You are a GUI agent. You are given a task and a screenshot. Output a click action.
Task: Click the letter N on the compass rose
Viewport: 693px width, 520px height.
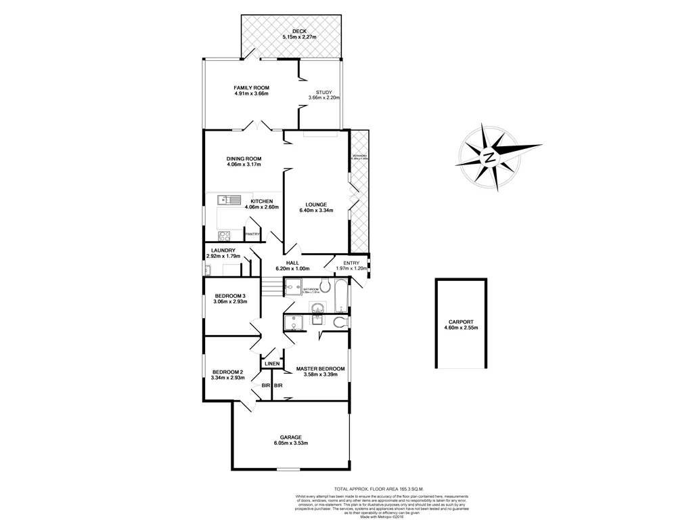pos(489,157)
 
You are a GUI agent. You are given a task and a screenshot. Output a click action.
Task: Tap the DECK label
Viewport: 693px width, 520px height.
pos(295,32)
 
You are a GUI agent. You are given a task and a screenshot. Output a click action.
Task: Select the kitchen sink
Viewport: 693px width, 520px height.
pos(229,200)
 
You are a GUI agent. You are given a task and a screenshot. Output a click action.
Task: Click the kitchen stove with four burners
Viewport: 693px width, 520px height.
pos(225,236)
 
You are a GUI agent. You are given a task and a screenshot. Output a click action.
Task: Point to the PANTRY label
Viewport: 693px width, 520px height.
pos(252,234)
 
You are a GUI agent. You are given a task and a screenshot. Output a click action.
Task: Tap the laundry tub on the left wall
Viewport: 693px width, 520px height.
pos(208,270)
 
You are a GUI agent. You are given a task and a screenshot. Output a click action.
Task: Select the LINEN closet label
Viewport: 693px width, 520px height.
pos(272,364)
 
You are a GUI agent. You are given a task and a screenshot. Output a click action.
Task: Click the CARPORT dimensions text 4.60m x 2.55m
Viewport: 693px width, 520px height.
pos(460,328)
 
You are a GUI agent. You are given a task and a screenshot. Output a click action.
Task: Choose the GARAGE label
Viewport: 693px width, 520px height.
pos(291,437)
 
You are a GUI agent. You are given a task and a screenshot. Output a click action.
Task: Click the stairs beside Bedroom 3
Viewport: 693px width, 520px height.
pos(270,289)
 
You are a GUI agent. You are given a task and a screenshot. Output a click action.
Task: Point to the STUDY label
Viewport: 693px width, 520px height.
pos(324,92)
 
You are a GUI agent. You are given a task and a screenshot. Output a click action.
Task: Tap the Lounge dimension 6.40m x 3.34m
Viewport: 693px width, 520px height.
pos(316,211)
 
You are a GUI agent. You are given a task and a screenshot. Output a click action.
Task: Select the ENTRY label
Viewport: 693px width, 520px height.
pos(351,263)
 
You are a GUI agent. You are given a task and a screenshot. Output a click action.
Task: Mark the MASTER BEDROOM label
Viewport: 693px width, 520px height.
pos(321,369)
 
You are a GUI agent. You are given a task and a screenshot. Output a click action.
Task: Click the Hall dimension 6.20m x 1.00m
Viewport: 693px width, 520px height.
pos(292,269)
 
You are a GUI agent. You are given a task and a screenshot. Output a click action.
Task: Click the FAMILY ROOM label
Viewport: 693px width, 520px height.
pos(251,87)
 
